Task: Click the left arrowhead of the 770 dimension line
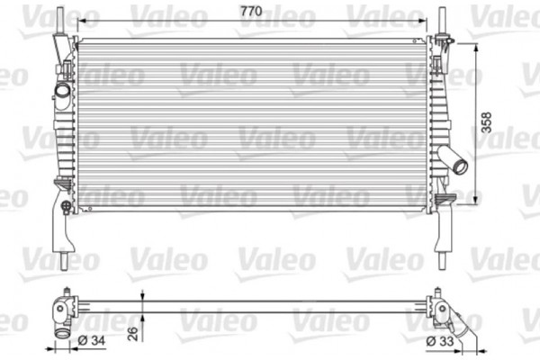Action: tap(82, 19)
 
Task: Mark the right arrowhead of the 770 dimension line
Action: tap(423, 19)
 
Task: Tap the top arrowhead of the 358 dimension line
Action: tap(475, 43)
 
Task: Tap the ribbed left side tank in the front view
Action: tap(65, 135)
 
